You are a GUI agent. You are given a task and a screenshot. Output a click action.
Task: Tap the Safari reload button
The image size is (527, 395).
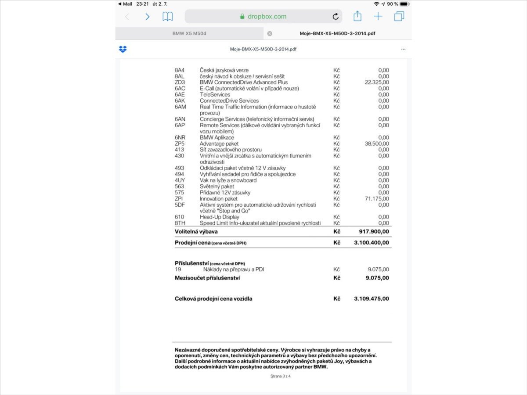point(336,17)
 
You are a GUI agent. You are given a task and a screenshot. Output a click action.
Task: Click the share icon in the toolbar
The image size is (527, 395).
point(357,16)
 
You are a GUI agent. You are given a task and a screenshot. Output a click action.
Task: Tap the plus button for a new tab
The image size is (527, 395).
point(378,17)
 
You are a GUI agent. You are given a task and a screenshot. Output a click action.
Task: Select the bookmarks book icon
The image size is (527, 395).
point(167,17)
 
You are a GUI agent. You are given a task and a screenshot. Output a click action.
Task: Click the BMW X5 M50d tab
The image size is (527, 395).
point(189,33)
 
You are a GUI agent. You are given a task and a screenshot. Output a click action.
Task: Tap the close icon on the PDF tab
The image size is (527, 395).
point(270,33)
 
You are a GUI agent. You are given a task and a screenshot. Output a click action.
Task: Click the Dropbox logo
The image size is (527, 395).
point(123,49)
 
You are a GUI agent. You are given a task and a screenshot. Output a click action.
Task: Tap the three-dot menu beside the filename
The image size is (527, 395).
point(403,49)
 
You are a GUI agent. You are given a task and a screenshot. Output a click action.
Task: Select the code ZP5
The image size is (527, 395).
point(180,144)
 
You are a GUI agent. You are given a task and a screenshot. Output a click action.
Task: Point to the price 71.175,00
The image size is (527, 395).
point(377,199)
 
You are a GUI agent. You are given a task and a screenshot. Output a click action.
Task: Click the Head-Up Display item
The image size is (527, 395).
point(220,217)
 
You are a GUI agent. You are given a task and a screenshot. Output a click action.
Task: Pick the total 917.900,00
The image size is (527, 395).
point(374,231)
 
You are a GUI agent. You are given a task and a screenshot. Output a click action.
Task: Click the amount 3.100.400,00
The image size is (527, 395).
point(371,242)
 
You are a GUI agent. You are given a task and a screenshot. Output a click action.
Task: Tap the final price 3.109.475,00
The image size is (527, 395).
point(371,298)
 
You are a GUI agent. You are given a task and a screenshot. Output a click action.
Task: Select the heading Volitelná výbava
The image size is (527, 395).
point(196,231)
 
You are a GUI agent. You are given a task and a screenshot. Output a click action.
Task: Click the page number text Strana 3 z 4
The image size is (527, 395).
point(281,376)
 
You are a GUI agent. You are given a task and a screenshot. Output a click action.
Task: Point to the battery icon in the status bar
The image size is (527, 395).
point(404,4)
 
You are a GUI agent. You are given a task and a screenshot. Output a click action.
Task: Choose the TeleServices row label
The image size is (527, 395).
point(215,94)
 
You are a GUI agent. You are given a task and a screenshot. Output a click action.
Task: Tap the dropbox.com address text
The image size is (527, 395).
point(267,17)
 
